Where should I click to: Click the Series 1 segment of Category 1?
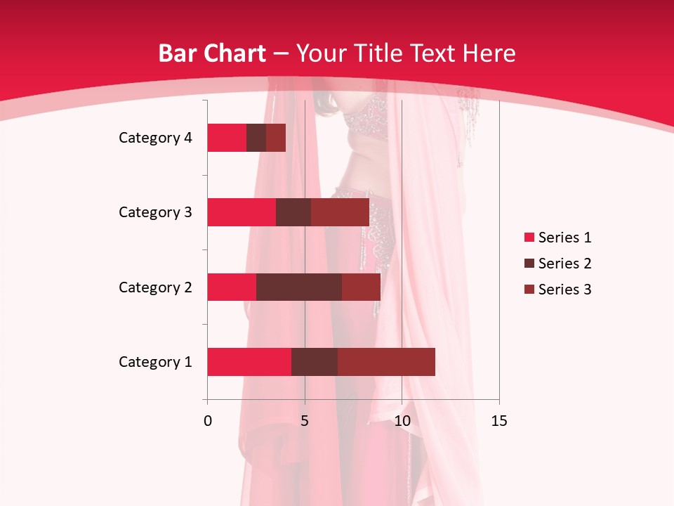tap(249, 362)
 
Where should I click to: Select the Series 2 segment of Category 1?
tap(315, 362)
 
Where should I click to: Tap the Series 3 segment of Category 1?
tap(386, 362)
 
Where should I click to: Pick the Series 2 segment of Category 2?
tap(299, 287)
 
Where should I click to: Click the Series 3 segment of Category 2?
tap(361, 287)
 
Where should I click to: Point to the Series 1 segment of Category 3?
tap(242, 212)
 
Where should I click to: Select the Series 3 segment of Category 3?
tap(340, 212)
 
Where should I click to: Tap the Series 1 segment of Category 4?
tap(227, 138)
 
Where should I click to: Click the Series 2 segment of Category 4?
tap(256, 138)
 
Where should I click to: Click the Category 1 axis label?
tap(154, 362)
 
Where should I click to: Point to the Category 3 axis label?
tap(154, 212)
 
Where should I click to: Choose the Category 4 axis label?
tap(154, 138)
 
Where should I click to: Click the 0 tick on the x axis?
tap(208, 421)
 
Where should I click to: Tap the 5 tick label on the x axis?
tap(305, 421)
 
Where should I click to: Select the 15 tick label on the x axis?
tap(498, 421)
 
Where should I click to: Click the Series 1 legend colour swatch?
tap(529, 238)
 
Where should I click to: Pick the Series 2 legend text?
tap(564, 264)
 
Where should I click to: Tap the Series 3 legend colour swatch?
tap(529, 290)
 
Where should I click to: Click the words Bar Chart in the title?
tap(212, 53)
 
